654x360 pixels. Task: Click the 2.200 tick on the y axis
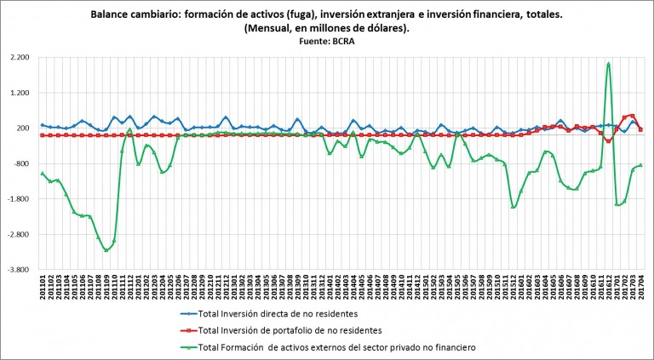[18, 57]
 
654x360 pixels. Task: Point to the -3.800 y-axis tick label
[17, 270]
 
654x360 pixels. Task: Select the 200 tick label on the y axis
[22, 129]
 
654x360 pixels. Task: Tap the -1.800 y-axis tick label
[17, 199]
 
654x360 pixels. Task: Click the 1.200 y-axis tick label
[18, 93]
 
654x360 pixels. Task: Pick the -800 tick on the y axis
[20, 163]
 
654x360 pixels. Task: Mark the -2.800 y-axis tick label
[17, 235]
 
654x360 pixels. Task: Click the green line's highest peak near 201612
[608, 63]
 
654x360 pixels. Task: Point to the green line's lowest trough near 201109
[106, 250]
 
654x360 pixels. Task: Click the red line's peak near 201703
[631, 115]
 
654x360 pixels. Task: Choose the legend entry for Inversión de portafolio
[282, 330]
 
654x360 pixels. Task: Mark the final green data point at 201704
[640, 165]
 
